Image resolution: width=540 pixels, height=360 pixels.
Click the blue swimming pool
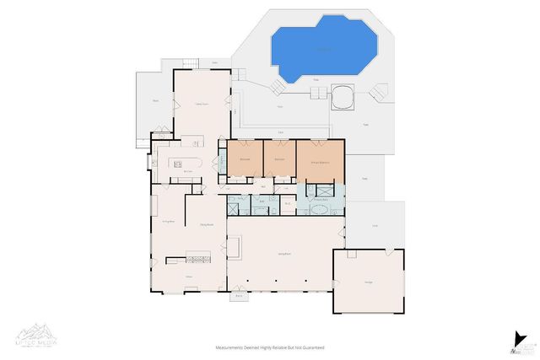pyautogui.click(x=323, y=51)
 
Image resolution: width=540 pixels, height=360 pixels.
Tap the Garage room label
pyautogui.click(x=368, y=281)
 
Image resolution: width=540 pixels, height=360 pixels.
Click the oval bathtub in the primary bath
pyautogui.click(x=321, y=207)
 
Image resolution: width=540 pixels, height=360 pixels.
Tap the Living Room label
pyautogui.click(x=285, y=253)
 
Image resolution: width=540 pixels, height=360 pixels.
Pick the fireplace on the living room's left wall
pyautogui.click(x=235, y=247)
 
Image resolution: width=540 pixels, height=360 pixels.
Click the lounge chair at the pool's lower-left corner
pyautogui.click(x=278, y=88)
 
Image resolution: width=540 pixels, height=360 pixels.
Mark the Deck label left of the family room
pyautogui.click(x=155, y=100)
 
